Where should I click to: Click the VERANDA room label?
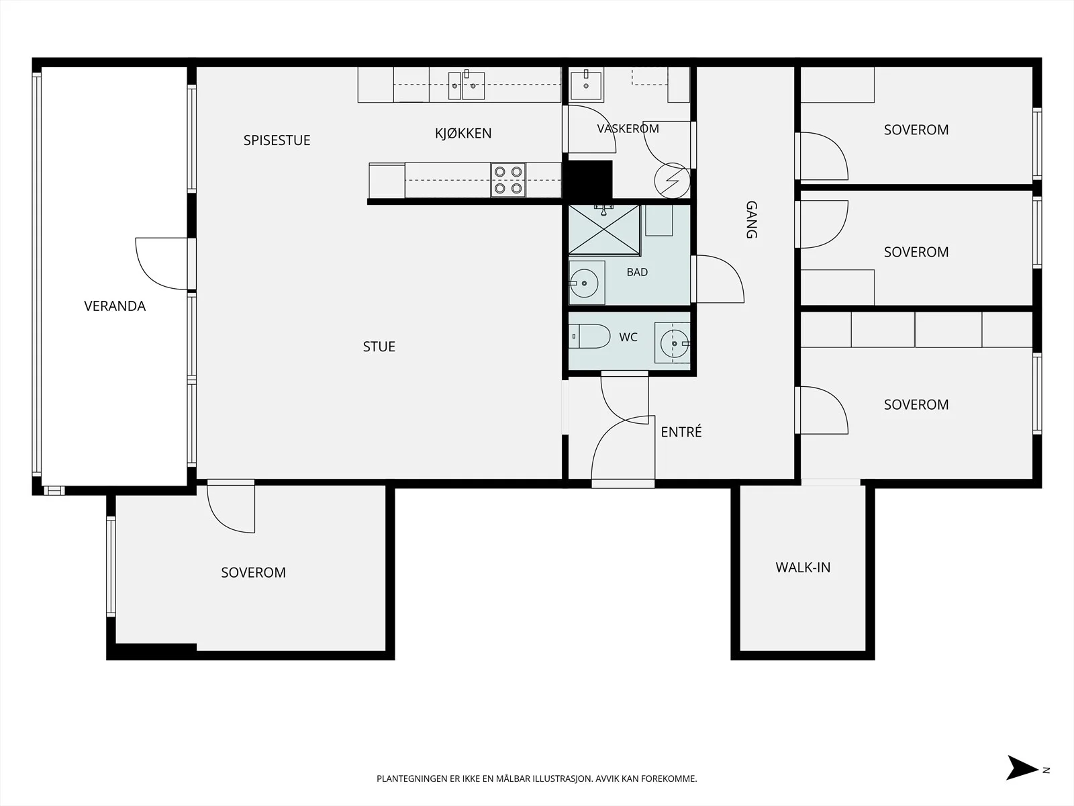[115, 306]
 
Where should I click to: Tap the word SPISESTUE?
[277, 140]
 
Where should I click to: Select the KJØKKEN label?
[463, 133]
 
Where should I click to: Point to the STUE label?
[379, 347]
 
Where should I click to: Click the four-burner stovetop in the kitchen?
[508, 180]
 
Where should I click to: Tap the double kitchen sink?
[467, 86]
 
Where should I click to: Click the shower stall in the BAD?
[604, 230]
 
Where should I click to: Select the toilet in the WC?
[589, 337]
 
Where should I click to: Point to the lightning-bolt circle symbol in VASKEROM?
[673, 181]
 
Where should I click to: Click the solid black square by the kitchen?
[588, 179]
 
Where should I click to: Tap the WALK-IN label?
[803, 567]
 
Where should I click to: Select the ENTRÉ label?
[681, 431]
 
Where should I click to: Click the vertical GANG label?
[751, 220]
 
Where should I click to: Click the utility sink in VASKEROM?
[586, 84]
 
